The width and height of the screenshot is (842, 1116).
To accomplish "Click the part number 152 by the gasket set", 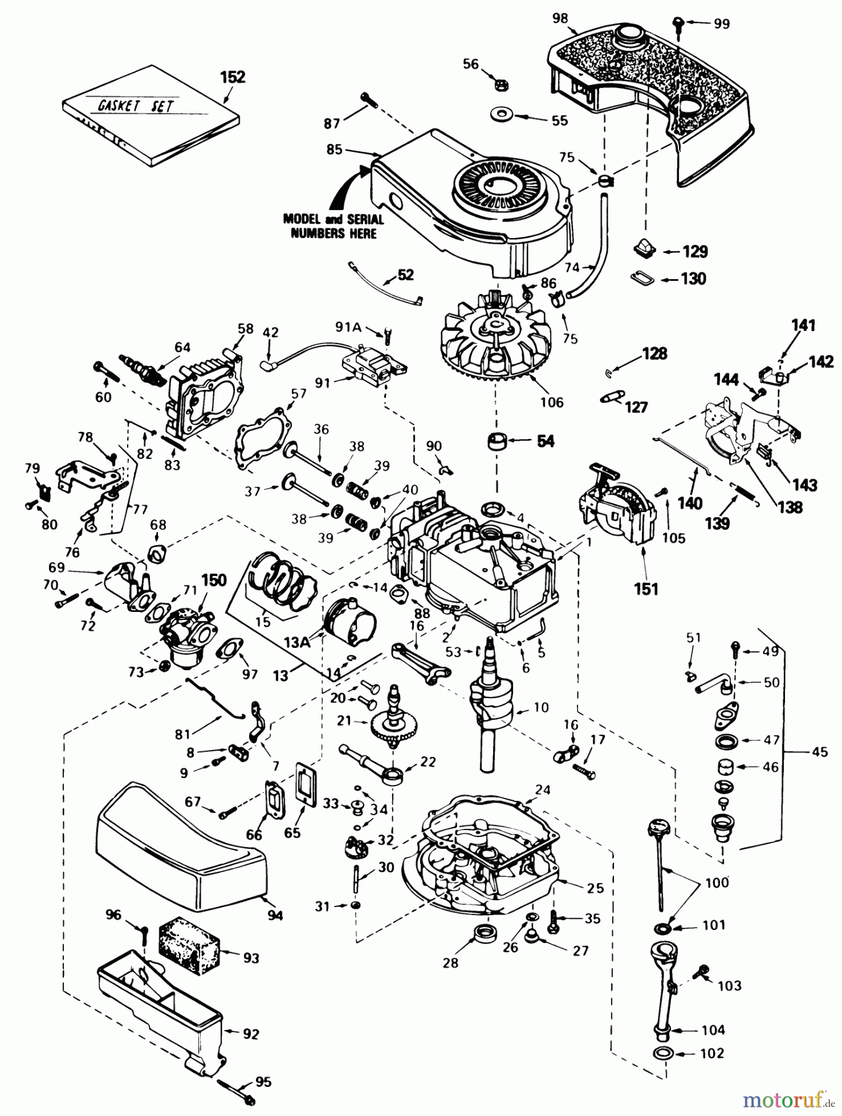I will click(232, 77).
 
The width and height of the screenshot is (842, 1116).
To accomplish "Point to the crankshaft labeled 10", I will click(492, 707).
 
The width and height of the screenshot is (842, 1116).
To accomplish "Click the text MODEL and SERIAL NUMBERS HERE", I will click(333, 226).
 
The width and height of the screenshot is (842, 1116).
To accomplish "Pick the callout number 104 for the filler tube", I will click(713, 1030).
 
